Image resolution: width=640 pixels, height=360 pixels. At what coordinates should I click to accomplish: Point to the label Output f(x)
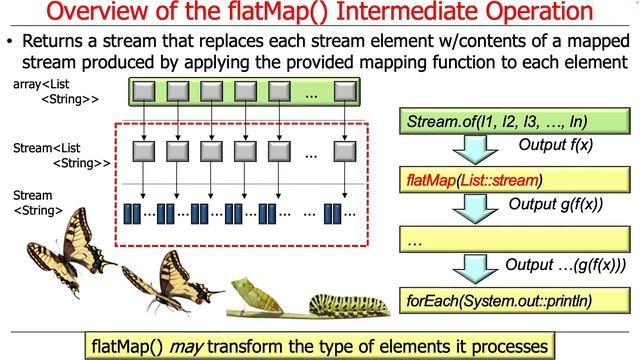555,146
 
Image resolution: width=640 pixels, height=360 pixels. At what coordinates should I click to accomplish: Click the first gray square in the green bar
145,93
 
